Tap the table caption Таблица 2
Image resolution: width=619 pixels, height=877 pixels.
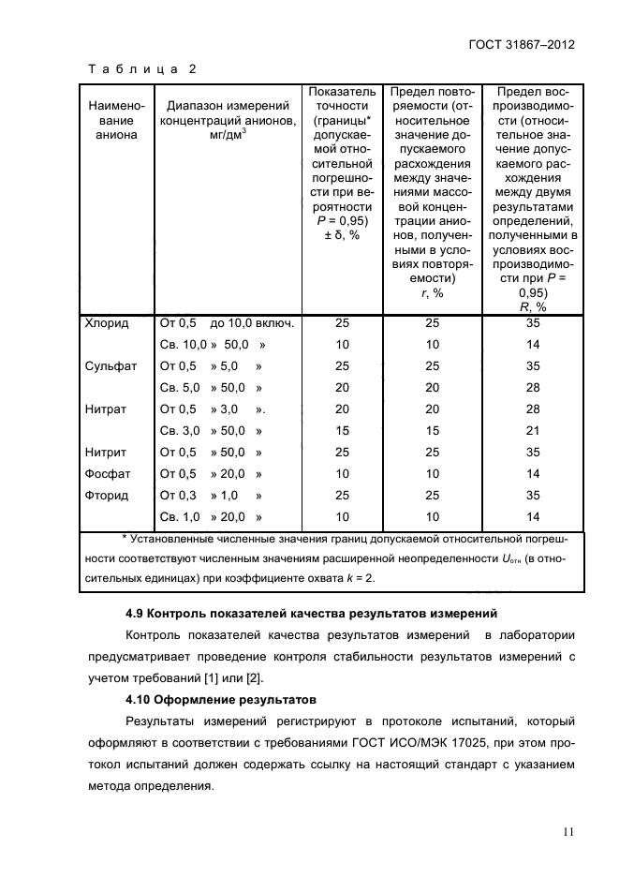pos(141,68)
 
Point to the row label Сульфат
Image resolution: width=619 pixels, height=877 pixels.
pos(111,365)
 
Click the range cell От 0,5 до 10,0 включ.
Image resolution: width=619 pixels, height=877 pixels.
pos(228,323)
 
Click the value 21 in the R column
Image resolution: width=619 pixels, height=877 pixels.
pos(533,430)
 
